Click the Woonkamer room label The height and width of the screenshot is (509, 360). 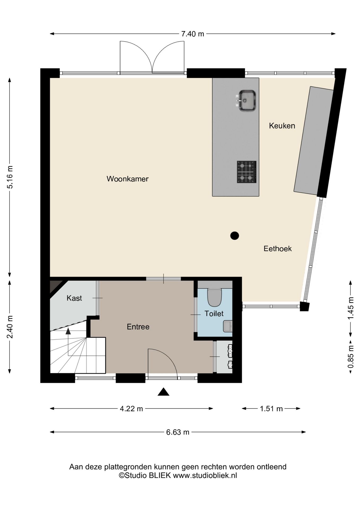(x=128, y=179)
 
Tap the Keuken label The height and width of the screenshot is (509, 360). (x=282, y=126)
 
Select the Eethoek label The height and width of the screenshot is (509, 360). (x=278, y=249)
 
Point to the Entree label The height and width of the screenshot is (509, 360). (x=138, y=327)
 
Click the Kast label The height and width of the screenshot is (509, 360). (x=74, y=298)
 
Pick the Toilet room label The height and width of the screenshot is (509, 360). (x=214, y=314)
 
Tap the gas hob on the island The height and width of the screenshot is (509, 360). (x=247, y=172)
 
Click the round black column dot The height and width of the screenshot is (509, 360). (x=235, y=235)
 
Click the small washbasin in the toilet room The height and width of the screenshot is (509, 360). (x=228, y=326)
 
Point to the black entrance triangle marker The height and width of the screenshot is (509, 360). (x=163, y=392)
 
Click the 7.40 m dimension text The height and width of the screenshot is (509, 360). (x=193, y=34)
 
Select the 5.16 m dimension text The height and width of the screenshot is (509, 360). (x=10, y=177)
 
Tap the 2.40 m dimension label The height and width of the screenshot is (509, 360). (x=10, y=327)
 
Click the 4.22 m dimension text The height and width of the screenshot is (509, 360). (x=131, y=409)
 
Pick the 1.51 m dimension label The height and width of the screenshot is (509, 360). (x=271, y=409)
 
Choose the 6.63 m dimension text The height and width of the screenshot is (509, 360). (x=178, y=432)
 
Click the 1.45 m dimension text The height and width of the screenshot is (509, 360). (x=351, y=308)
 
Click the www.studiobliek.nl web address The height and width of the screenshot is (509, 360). (x=205, y=475)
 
